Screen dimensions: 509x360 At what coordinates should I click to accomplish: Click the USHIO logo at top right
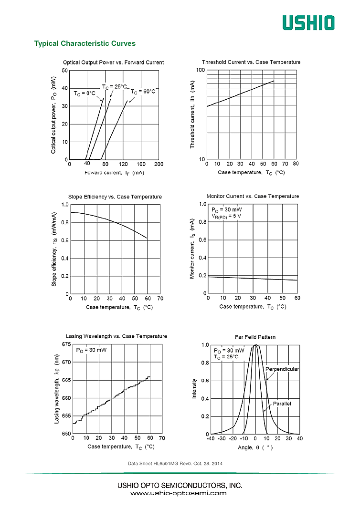point(308,22)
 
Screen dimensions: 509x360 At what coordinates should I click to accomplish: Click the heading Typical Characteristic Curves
point(85,43)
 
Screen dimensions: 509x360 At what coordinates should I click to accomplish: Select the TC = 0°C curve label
point(85,93)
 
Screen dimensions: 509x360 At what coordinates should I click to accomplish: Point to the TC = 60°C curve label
point(143,92)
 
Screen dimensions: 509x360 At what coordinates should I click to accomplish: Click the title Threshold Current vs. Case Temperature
point(251,62)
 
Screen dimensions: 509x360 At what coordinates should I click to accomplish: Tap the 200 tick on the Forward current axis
point(159,164)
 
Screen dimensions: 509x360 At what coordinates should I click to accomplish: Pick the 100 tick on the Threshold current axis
point(201,71)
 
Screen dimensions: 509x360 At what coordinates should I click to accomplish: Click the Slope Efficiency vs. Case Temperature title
point(115,197)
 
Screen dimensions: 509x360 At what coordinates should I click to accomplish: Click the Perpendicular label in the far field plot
point(282,369)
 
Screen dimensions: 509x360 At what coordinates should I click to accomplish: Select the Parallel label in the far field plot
point(282,404)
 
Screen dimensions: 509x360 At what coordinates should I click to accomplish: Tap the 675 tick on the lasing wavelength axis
point(66,344)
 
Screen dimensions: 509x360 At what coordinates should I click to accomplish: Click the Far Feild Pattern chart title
point(255,337)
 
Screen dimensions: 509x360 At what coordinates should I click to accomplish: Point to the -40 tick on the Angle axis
point(210,439)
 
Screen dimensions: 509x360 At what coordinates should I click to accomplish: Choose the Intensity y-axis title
point(194,388)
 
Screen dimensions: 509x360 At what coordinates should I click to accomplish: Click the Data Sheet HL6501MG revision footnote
point(175,464)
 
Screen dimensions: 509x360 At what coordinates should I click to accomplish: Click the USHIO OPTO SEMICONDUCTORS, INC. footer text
point(180,485)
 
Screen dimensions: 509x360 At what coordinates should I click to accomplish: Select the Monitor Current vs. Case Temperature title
point(253,197)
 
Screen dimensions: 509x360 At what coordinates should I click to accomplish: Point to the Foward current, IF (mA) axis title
point(114,173)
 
